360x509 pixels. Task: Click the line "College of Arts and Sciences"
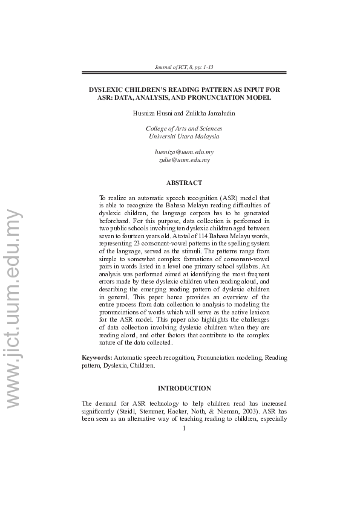[x=184, y=128]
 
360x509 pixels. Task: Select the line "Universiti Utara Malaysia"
[x=184, y=137]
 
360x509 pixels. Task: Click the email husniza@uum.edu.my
[x=184, y=152]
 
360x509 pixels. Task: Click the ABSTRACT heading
[x=184, y=183]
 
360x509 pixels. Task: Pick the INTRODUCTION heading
[x=184, y=388]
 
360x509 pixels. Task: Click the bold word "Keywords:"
[x=97, y=358]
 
